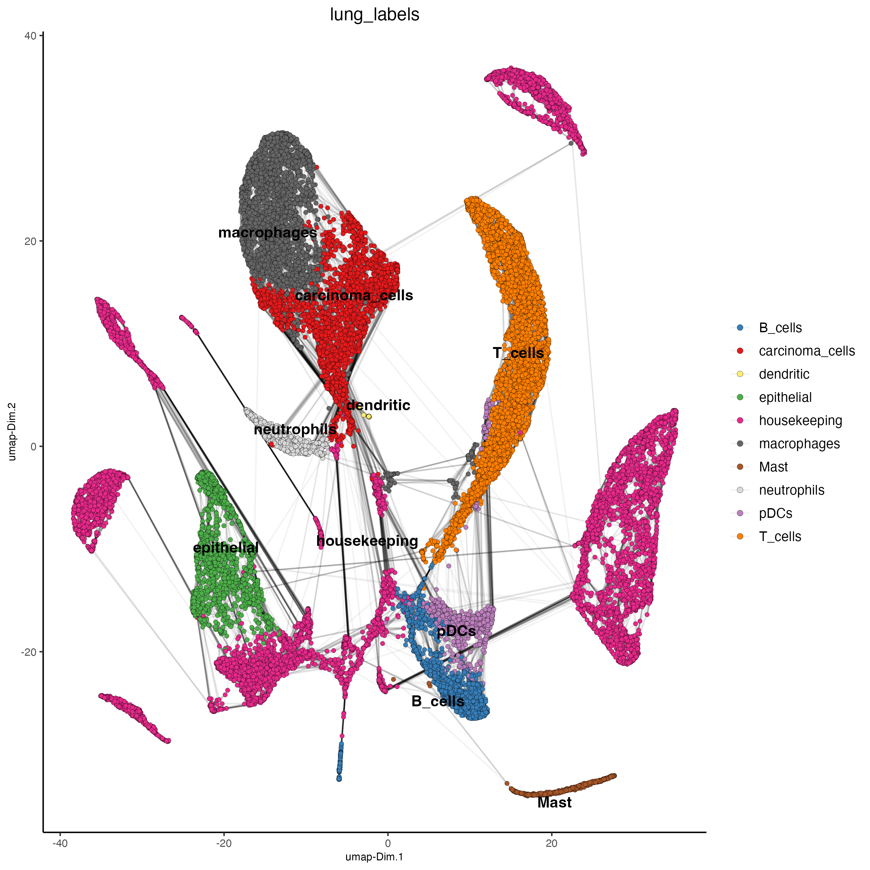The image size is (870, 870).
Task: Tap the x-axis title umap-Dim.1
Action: tap(374, 856)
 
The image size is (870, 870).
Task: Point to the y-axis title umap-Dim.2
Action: tap(12, 431)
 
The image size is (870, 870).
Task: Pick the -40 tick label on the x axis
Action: tap(60, 843)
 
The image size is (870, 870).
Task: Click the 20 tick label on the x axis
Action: tap(551, 843)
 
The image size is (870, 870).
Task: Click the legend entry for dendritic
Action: tap(784, 374)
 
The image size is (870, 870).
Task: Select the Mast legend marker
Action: tap(740, 467)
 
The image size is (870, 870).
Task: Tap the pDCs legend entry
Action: tap(775, 513)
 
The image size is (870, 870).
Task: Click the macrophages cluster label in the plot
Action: tap(267, 233)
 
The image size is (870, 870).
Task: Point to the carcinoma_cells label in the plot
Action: tap(354, 295)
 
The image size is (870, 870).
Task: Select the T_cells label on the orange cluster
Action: tap(518, 353)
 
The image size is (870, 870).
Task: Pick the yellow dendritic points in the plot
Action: tap(367, 416)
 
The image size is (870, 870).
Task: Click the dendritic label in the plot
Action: tap(378, 405)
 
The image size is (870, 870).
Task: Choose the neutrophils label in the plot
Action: tap(295, 430)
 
